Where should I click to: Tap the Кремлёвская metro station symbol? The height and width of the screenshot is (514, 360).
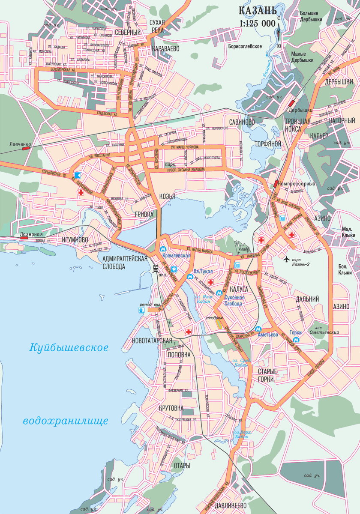(x=163, y=249)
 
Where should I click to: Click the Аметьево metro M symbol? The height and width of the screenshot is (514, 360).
(x=258, y=329)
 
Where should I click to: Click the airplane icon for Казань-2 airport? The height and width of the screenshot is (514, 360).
(x=287, y=259)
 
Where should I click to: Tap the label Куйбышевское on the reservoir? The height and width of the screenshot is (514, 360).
(x=69, y=347)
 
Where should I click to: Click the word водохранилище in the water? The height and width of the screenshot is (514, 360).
(x=65, y=421)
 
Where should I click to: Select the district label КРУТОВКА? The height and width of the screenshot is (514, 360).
(x=171, y=408)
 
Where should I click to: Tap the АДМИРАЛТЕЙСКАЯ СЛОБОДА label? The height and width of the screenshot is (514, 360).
(x=125, y=262)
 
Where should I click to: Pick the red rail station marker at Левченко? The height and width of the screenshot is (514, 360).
(x=27, y=148)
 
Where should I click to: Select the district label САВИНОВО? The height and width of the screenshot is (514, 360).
(x=242, y=122)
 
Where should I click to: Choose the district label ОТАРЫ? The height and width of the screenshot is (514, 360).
(x=182, y=466)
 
